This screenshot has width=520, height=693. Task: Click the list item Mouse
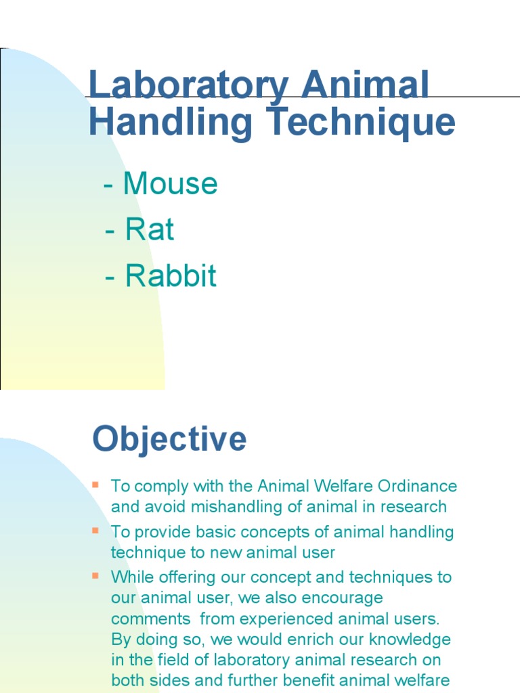coord(170,183)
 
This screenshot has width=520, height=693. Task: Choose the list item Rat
coord(149,230)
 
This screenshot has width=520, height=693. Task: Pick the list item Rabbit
coord(170,276)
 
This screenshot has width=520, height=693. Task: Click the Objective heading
coord(169,439)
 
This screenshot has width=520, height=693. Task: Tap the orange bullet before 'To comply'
coord(95,485)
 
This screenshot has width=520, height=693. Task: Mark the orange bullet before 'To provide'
coord(95,531)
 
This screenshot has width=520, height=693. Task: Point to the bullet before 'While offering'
coord(95,576)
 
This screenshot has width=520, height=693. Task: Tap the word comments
coord(150,619)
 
